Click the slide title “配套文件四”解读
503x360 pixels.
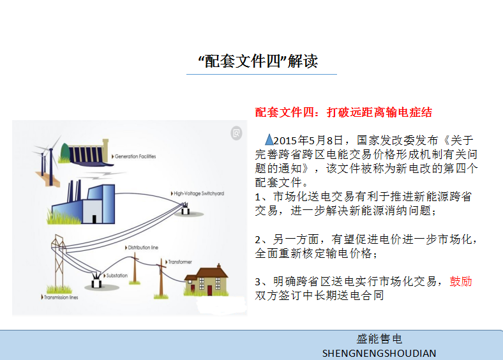[x=259, y=61]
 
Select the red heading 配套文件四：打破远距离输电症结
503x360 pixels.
[x=343, y=112]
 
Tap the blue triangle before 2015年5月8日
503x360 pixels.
[x=269, y=139]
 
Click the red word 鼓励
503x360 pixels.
[x=461, y=281]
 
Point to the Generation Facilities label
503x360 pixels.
[x=134, y=156]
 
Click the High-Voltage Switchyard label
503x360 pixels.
[x=197, y=193]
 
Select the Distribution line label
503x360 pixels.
[x=142, y=248]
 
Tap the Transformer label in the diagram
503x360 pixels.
[x=178, y=262]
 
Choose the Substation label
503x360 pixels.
[x=116, y=276]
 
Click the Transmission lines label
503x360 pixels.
[x=59, y=297]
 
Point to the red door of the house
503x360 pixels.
[x=209, y=290]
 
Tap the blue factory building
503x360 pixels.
[x=84, y=202]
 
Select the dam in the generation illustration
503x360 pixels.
[x=87, y=153]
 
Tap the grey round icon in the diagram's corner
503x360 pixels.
[x=236, y=133]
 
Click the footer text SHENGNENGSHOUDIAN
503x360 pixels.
[x=379, y=353]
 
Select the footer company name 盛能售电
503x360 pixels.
[x=379, y=339]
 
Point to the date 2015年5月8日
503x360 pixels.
[x=308, y=140]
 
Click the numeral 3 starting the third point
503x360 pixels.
[x=258, y=282]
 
